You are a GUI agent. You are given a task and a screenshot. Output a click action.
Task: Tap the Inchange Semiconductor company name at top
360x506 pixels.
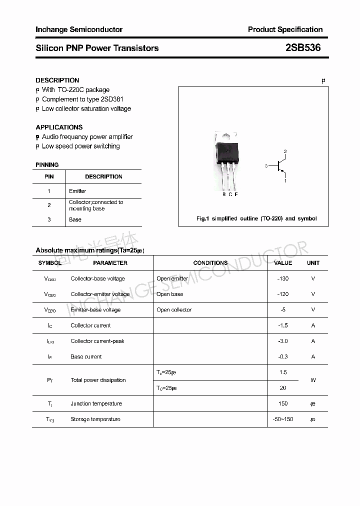(79, 29)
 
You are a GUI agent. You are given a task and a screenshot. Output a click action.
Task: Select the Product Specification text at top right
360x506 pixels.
(285, 29)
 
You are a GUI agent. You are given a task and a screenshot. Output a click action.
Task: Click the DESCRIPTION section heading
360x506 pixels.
(57, 80)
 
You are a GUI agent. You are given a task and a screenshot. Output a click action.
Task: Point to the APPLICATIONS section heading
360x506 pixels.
(59, 127)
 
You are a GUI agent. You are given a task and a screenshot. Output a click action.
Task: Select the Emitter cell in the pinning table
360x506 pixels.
(77, 191)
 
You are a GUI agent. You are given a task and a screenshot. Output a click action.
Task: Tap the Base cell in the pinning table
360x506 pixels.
(75, 219)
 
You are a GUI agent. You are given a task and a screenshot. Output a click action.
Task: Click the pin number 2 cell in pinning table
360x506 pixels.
(49, 205)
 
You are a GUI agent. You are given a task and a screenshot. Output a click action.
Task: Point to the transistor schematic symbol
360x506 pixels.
(279, 165)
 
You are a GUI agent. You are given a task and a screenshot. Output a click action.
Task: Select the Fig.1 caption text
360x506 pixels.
(256, 218)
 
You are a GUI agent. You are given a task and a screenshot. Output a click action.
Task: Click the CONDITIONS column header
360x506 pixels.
(210, 262)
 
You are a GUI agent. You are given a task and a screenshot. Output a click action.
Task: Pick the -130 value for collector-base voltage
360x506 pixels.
(283, 278)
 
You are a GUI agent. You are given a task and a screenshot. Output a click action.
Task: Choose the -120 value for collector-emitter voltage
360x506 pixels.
(283, 294)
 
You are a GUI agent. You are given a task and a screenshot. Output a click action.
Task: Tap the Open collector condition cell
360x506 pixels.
(174, 309)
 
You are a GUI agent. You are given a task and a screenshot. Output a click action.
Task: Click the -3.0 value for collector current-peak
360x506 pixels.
(283, 341)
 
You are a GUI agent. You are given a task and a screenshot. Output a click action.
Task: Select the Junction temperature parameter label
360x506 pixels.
(96, 403)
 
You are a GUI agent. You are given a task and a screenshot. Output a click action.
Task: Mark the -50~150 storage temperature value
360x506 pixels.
(283, 419)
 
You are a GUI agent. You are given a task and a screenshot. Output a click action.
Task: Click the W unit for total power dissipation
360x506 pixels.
(313, 380)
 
